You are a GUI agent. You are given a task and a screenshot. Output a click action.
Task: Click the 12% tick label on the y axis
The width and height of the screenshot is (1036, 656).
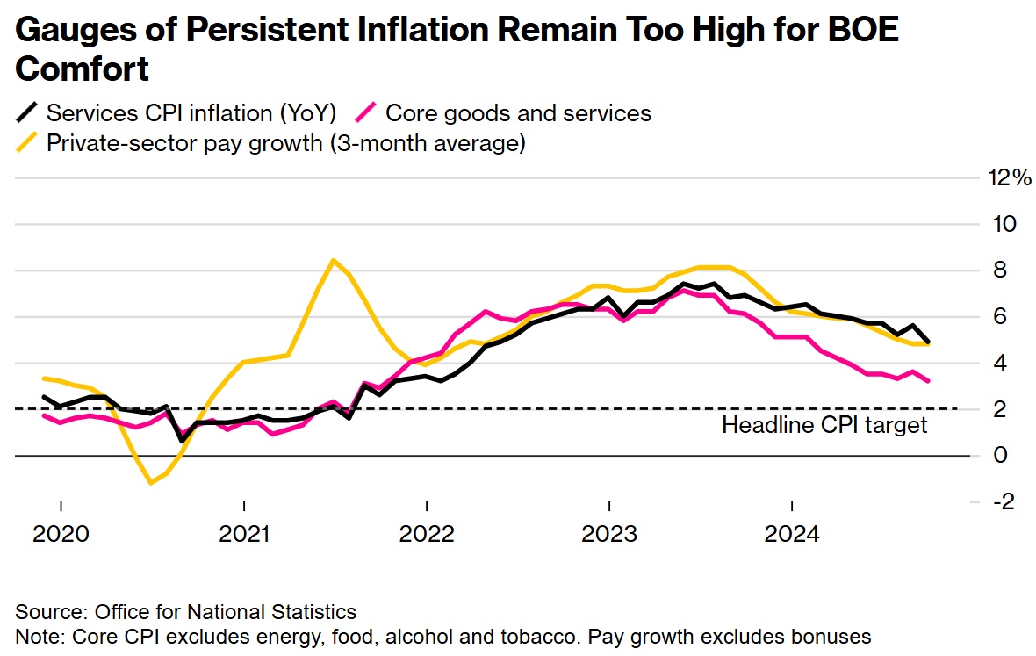(1009, 178)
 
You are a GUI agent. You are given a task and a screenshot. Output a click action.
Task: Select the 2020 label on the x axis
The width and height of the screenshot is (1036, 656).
(61, 533)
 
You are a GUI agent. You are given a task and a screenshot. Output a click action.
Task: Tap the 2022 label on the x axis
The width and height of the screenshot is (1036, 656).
(426, 533)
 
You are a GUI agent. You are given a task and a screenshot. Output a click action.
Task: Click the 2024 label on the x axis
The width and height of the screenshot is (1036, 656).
(792, 533)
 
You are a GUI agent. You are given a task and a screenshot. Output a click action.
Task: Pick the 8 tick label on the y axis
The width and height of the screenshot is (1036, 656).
(999, 270)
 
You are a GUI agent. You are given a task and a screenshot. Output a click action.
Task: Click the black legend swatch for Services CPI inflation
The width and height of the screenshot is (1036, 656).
(28, 113)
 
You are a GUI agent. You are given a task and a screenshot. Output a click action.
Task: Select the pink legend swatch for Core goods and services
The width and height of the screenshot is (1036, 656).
(367, 113)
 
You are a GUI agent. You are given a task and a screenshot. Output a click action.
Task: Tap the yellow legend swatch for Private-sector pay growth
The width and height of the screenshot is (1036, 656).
(28, 142)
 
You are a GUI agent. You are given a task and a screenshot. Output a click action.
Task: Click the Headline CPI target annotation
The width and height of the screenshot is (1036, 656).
(824, 426)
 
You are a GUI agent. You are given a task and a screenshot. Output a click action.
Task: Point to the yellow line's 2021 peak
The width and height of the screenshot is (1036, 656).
(333, 260)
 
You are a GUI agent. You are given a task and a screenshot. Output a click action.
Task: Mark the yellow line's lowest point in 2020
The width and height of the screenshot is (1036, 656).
(151, 482)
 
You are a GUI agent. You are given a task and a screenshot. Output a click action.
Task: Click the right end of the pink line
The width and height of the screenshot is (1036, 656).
(929, 381)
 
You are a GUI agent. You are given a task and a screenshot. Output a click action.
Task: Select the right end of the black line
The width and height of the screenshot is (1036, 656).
(929, 342)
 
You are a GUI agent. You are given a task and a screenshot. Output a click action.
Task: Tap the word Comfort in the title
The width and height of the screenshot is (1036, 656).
(82, 68)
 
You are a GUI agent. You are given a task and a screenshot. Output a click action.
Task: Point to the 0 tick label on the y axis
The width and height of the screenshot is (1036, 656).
(999, 455)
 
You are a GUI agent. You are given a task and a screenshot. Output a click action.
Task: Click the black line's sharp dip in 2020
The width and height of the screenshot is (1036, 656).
(182, 439)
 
